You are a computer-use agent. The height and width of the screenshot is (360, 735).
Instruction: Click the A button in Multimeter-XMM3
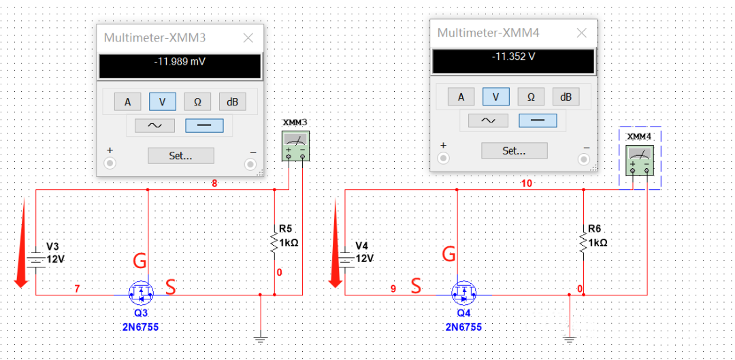pos(127,102)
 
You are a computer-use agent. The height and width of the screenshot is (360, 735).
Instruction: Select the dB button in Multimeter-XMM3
pos(232,102)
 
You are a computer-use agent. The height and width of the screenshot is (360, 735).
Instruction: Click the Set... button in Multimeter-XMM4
pos(514,150)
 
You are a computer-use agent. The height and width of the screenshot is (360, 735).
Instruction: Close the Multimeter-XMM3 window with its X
pos(248,38)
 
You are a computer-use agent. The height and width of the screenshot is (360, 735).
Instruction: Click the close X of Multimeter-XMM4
pos(581,33)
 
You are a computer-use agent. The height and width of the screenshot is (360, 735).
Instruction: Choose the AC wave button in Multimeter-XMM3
pos(151,126)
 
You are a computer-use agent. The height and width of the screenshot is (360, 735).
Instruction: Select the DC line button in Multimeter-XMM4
pos(538,120)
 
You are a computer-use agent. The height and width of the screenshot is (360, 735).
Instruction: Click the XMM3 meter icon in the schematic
pos(295,146)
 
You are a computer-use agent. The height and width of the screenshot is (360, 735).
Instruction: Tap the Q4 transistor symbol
pos(464,294)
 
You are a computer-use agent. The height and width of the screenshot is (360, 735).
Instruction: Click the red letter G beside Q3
pos(140,261)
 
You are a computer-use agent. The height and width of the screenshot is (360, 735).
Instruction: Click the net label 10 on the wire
pos(526,183)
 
